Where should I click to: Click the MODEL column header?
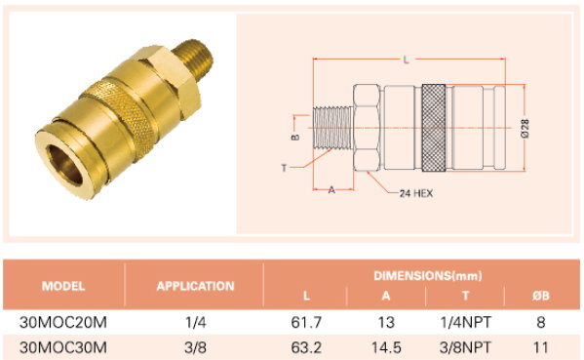(x=63, y=286)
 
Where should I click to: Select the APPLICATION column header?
(x=195, y=286)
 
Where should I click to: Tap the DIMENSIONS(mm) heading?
(x=428, y=276)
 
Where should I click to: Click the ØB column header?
(x=540, y=296)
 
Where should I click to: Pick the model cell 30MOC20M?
(x=63, y=322)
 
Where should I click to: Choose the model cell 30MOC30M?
(x=63, y=347)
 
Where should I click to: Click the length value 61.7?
(x=306, y=322)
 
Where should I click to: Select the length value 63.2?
(x=306, y=347)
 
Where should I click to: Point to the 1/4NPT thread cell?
(x=465, y=322)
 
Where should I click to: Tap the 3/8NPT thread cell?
(x=465, y=347)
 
